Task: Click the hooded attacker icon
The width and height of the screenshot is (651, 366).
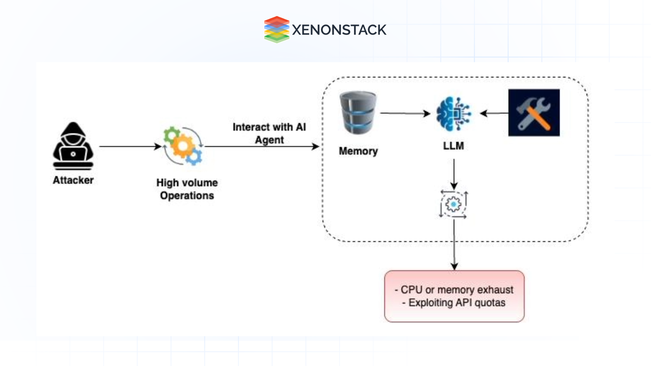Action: click(x=73, y=146)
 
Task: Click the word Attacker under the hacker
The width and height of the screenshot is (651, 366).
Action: click(x=73, y=180)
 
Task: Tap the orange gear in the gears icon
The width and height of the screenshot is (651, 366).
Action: click(x=182, y=146)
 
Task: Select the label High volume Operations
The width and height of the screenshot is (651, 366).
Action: click(x=187, y=189)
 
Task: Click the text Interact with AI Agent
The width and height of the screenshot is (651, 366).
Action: click(x=269, y=133)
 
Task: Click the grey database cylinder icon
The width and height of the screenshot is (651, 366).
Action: click(x=358, y=113)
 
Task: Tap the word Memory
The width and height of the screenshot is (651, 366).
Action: click(x=358, y=151)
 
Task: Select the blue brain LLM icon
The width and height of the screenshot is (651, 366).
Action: click(x=454, y=114)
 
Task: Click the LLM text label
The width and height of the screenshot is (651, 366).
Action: click(x=453, y=146)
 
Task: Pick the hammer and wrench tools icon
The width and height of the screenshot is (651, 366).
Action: click(x=534, y=113)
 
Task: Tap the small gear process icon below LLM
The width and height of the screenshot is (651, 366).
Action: click(x=453, y=204)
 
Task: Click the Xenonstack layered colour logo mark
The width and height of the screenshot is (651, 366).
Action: click(x=277, y=30)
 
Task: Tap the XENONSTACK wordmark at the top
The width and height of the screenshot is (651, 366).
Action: click(x=339, y=30)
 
